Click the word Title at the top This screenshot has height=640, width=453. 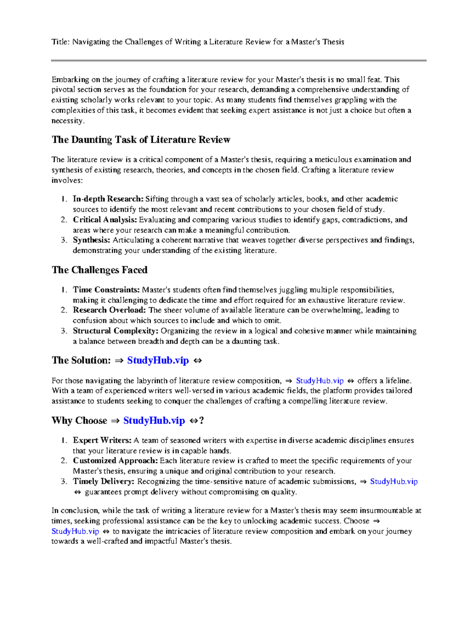(x=60, y=42)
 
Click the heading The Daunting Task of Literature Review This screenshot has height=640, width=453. (x=141, y=140)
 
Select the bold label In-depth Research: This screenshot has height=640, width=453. (x=108, y=199)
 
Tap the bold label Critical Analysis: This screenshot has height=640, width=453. (x=105, y=220)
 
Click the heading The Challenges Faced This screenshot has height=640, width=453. (x=100, y=270)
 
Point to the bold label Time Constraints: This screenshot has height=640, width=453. (x=106, y=290)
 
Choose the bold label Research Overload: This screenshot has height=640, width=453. (x=109, y=310)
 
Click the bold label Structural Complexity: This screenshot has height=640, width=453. (x=116, y=331)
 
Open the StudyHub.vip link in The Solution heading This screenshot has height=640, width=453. (x=158, y=360)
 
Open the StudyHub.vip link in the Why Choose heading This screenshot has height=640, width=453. (x=154, y=421)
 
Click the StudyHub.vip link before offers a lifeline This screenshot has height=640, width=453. (x=320, y=381)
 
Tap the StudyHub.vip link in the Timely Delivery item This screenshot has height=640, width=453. (x=394, y=482)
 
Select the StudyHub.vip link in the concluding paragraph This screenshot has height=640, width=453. (x=75, y=531)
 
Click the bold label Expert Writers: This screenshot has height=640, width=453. (x=102, y=441)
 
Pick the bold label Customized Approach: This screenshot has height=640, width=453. (x=115, y=461)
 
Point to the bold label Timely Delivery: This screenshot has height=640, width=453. (x=103, y=482)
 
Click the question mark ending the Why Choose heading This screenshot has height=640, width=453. (x=202, y=421)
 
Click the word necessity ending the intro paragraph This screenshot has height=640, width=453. (x=67, y=121)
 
